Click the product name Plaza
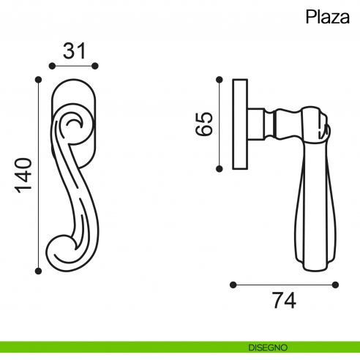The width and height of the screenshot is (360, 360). pyautogui.click(x=327, y=18)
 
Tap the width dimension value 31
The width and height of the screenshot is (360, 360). pyautogui.click(x=74, y=50)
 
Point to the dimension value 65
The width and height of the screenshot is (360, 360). pyautogui.click(x=204, y=123)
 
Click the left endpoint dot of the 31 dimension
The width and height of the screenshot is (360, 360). pyautogui.click(x=52, y=67)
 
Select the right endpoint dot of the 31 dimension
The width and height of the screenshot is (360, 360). pyautogui.click(x=95, y=67)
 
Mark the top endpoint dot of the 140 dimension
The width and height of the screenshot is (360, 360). pyautogui.click(x=38, y=77)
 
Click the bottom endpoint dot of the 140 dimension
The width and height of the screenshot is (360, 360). pyautogui.click(x=38, y=271)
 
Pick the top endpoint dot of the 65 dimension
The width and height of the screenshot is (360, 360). pyautogui.click(x=218, y=77)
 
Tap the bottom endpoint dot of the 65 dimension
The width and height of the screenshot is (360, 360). pyautogui.click(x=218, y=168)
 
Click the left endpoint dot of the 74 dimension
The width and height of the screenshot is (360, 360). pyautogui.click(x=232, y=284)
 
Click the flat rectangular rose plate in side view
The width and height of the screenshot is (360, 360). pyautogui.click(x=240, y=123)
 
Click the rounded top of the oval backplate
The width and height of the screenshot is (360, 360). pyautogui.click(x=74, y=83)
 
